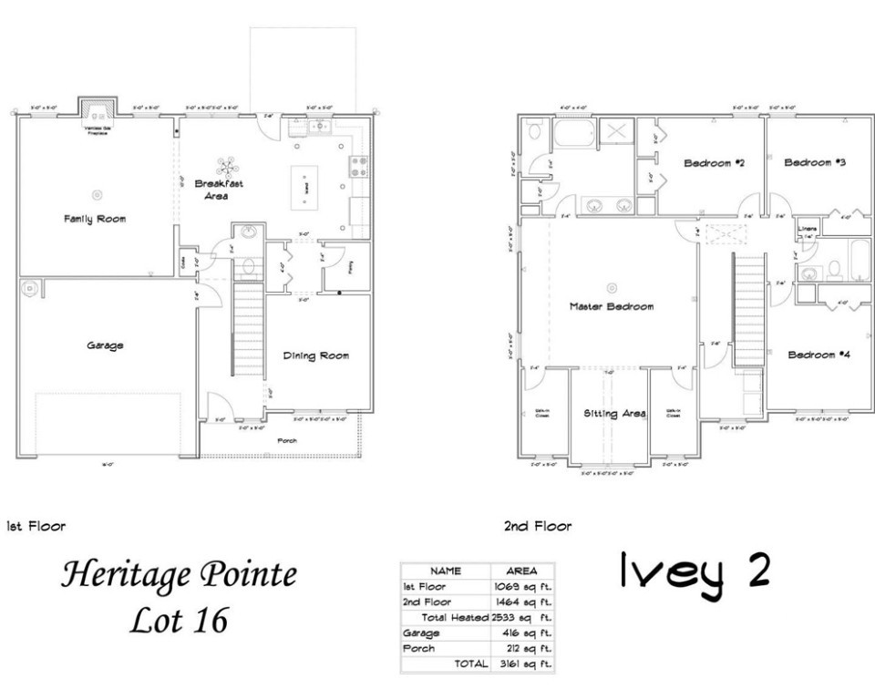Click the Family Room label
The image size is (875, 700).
point(95,219)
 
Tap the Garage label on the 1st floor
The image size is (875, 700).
point(105,345)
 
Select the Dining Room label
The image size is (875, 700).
point(315,355)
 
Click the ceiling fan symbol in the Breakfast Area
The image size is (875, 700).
point(226,167)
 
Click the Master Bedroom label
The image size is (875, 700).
point(612,306)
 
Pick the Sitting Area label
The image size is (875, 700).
point(614,414)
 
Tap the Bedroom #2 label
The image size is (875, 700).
point(715,163)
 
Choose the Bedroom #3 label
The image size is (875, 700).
point(815,163)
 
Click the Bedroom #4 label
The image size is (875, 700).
point(819,355)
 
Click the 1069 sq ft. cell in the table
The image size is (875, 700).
point(522,587)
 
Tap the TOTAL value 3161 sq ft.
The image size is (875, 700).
point(522,664)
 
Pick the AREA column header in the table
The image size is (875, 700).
point(521,571)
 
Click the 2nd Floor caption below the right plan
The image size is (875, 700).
point(537,526)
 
